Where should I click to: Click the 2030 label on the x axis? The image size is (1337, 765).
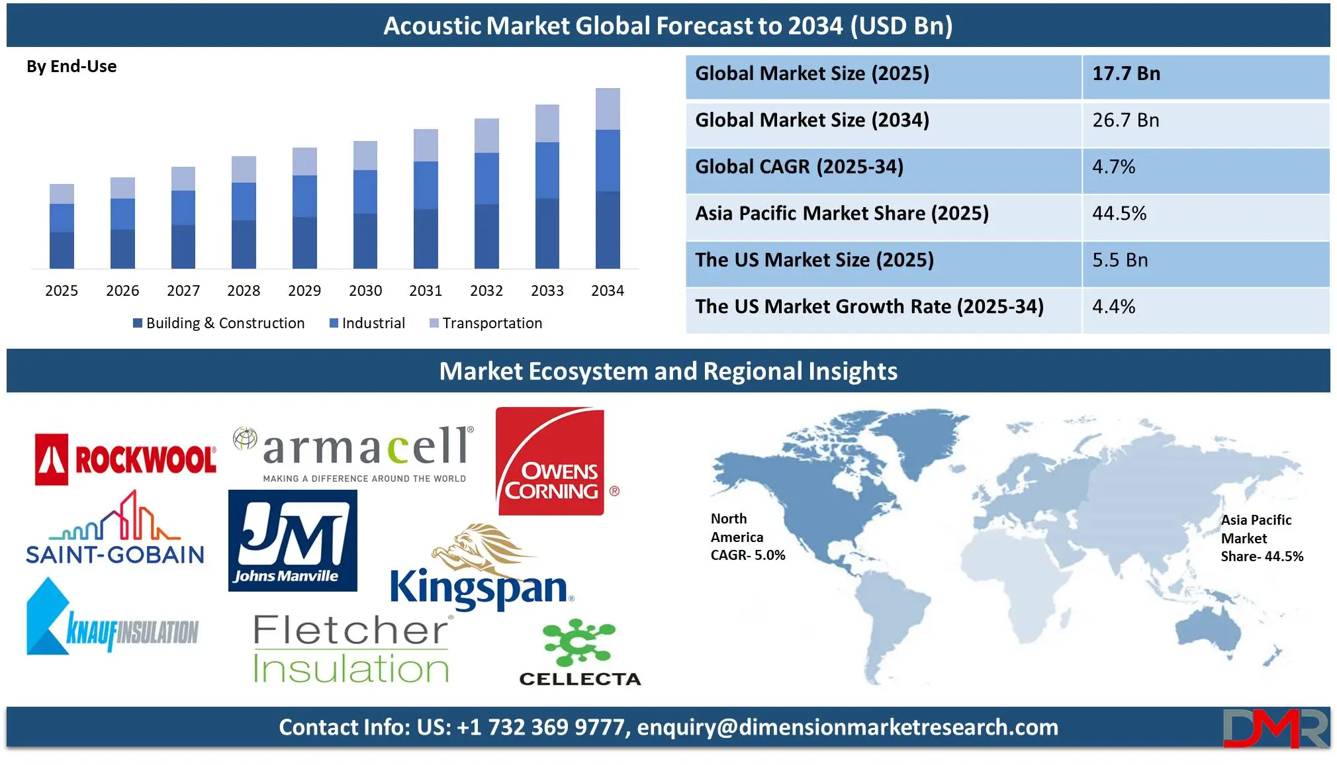(365, 291)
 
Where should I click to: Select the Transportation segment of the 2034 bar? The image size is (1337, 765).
(608, 109)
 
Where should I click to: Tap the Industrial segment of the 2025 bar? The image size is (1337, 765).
(62, 218)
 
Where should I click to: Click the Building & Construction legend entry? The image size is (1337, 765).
(219, 323)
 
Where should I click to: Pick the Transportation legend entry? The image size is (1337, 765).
(486, 323)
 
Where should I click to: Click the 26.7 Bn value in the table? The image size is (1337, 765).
(1126, 120)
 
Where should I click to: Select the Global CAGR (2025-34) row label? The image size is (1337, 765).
(799, 167)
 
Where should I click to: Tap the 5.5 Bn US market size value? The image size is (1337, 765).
(1120, 260)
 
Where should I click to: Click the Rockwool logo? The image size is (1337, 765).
(126, 459)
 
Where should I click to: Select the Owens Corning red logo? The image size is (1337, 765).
(551, 461)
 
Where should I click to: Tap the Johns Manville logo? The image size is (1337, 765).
(293, 541)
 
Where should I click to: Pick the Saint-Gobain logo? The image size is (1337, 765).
(115, 527)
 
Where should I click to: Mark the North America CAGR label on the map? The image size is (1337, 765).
(748, 537)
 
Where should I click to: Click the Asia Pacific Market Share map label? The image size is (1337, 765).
(1262, 538)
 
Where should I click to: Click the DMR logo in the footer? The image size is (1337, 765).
(1275, 728)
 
